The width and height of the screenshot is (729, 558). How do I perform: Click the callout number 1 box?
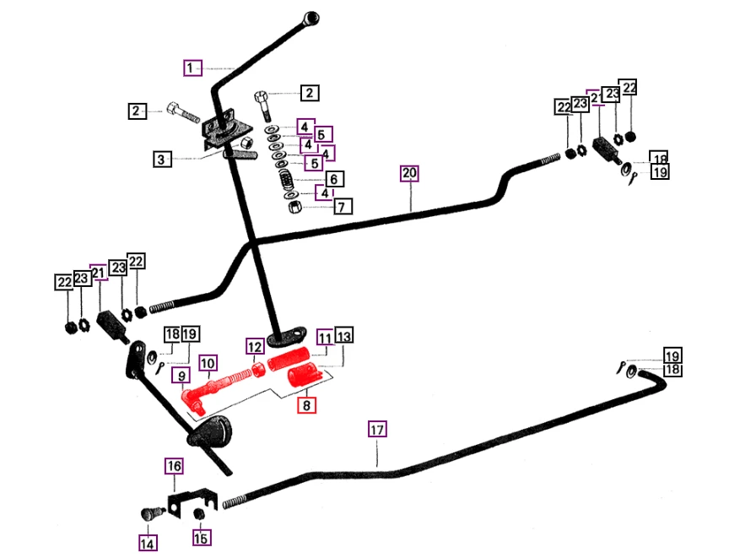click(193, 67)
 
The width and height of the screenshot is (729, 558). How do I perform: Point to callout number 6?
click(333, 179)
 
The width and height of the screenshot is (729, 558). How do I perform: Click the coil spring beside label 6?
click(287, 180)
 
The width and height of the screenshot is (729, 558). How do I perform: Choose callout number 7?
click(342, 206)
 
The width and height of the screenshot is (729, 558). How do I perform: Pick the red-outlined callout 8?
click(305, 407)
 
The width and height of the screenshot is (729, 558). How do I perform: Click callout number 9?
click(181, 375)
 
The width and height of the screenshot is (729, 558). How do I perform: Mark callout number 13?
click(345, 337)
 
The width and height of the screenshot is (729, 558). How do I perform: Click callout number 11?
click(325, 337)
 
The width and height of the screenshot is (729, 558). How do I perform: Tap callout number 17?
click(376, 430)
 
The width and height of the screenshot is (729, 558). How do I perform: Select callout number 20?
click(409, 175)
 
